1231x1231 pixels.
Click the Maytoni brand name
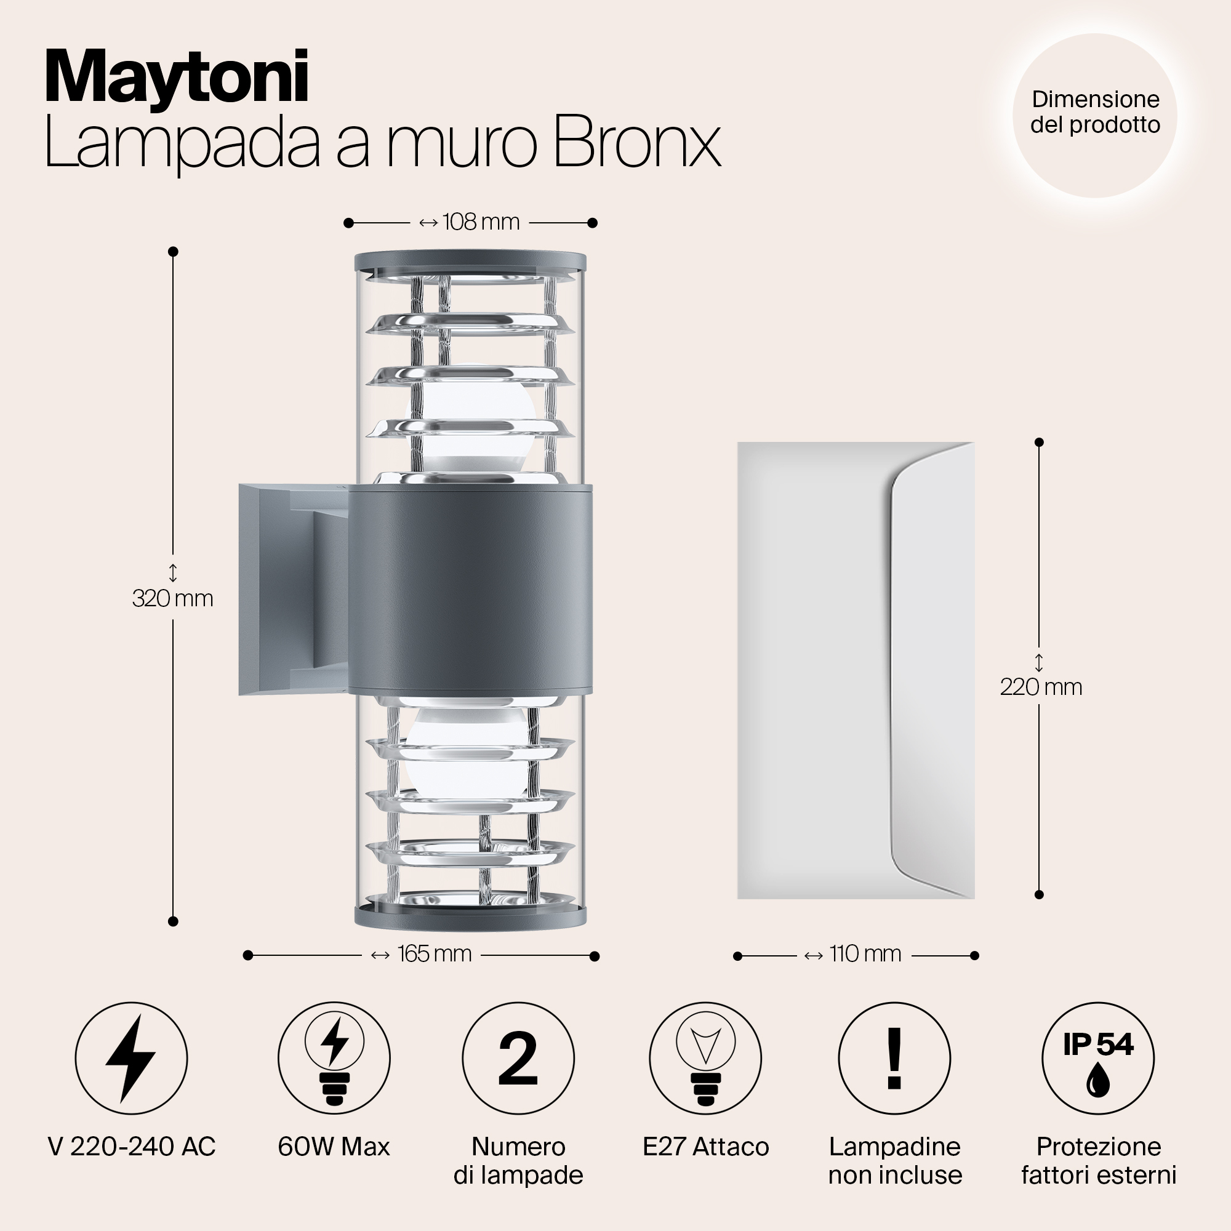point(177,77)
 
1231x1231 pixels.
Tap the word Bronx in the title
point(637,142)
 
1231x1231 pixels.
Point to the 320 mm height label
point(173,598)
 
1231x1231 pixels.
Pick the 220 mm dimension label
point(1040,687)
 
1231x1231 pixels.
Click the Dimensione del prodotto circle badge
point(1094,115)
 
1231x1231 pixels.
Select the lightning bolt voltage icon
point(131,1058)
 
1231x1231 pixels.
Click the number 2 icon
point(518,1058)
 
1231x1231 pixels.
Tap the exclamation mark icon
point(894,1058)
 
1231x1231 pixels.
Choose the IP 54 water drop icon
point(1098,1058)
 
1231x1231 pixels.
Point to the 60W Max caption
point(334,1147)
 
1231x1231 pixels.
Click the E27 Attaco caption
point(705,1147)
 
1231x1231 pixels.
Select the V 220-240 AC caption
point(132,1147)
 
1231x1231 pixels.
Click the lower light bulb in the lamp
point(468,752)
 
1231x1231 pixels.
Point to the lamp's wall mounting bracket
point(293,590)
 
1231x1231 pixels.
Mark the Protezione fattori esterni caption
point(1099,1161)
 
